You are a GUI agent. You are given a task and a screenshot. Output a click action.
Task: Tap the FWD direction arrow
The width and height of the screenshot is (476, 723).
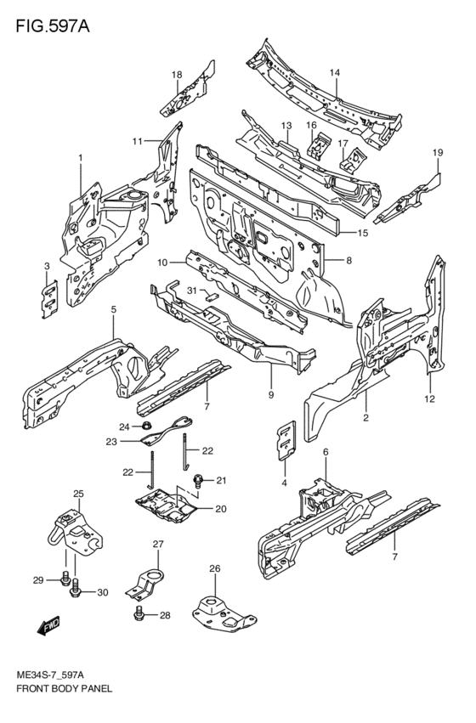pyautogui.click(x=48, y=625)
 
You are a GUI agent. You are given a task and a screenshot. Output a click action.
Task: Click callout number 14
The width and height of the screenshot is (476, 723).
pyautogui.click(x=334, y=72)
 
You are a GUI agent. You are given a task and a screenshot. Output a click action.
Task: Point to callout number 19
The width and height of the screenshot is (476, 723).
pyautogui.click(x=438, y=153)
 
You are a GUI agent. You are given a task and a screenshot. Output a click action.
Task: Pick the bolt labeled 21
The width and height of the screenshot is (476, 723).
pyautogui.click(x=200, y=482)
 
